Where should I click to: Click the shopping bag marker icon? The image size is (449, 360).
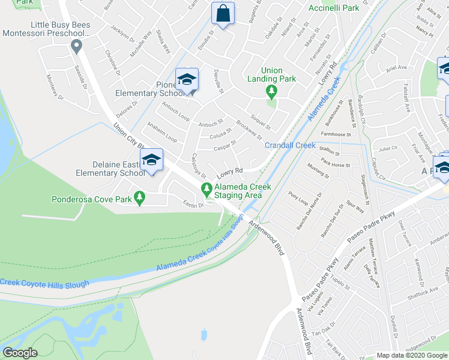click(223, 14)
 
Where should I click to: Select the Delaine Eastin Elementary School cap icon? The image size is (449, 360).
click(151, 160)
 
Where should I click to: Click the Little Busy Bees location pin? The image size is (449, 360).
click(76, 46)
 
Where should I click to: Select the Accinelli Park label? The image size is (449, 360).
click(333, 8)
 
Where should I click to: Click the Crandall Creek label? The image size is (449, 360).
click(290, 145)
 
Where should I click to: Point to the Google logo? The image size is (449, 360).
click(20, 353)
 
